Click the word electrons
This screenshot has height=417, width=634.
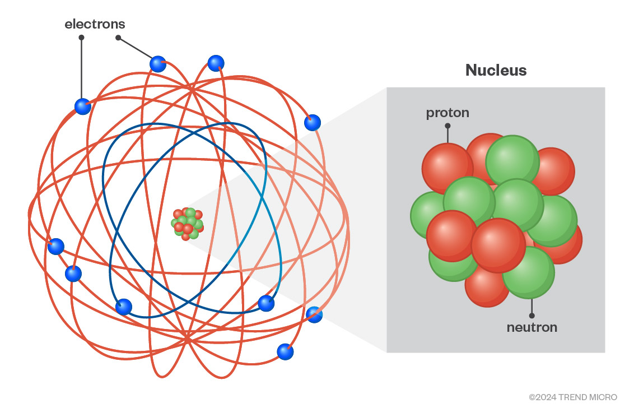click(95, 24)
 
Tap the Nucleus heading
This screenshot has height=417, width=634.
click(496, 70)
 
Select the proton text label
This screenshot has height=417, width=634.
click(447, 113)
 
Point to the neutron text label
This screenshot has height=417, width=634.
click(532, 327)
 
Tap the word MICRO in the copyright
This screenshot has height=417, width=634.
click(604, 397)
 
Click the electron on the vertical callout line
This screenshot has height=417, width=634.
click(82, 106)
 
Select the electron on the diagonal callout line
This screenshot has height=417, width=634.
click(158, 64)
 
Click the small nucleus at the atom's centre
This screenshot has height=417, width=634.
click(187, 224)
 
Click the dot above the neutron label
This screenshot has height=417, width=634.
click(532, 316)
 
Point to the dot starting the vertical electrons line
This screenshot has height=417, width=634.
click(82, 38)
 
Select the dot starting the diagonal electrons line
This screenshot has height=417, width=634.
click(118, 38)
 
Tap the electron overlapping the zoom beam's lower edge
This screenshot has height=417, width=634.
click(314, 314)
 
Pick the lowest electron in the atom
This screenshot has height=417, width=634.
click(285, 352)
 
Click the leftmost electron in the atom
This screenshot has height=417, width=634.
click(55, 247)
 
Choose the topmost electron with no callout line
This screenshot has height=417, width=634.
click(216, 63)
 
